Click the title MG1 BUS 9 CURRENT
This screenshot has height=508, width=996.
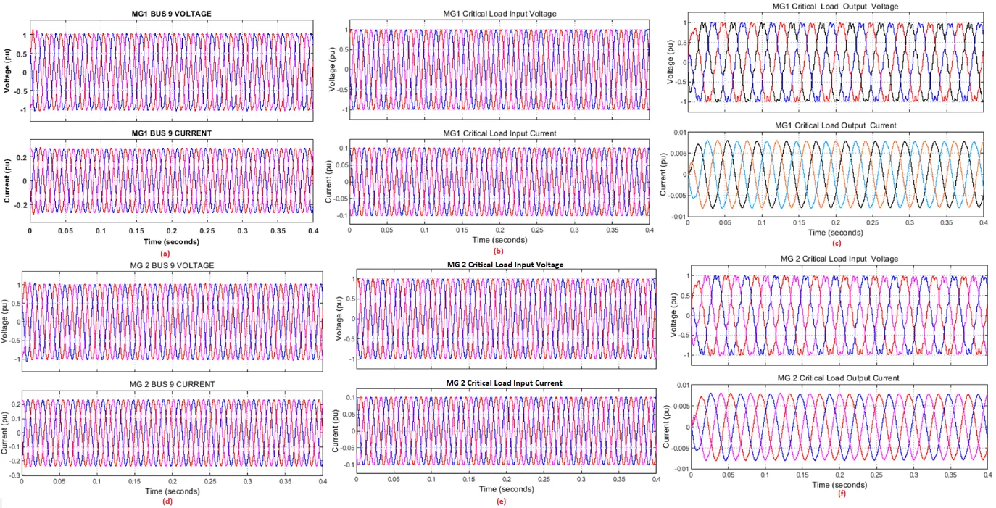[x=170, y=131]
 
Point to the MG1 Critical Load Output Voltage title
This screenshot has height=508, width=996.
[x=835, y=7]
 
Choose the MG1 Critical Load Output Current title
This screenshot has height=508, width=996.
[x=835, y=125]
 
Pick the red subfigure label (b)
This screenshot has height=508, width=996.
[x=498, y=251]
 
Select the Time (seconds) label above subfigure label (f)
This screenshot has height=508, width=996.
[x=839, y=483]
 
